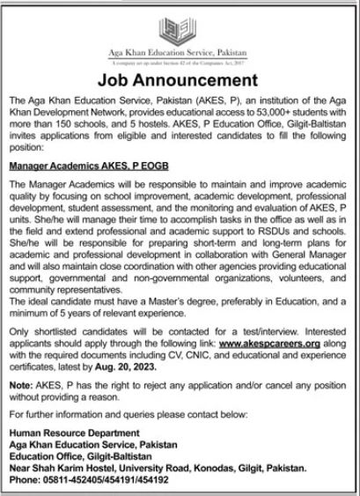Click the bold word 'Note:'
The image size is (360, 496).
click(18, 389)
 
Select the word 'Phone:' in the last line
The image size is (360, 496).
click(22, 482)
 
